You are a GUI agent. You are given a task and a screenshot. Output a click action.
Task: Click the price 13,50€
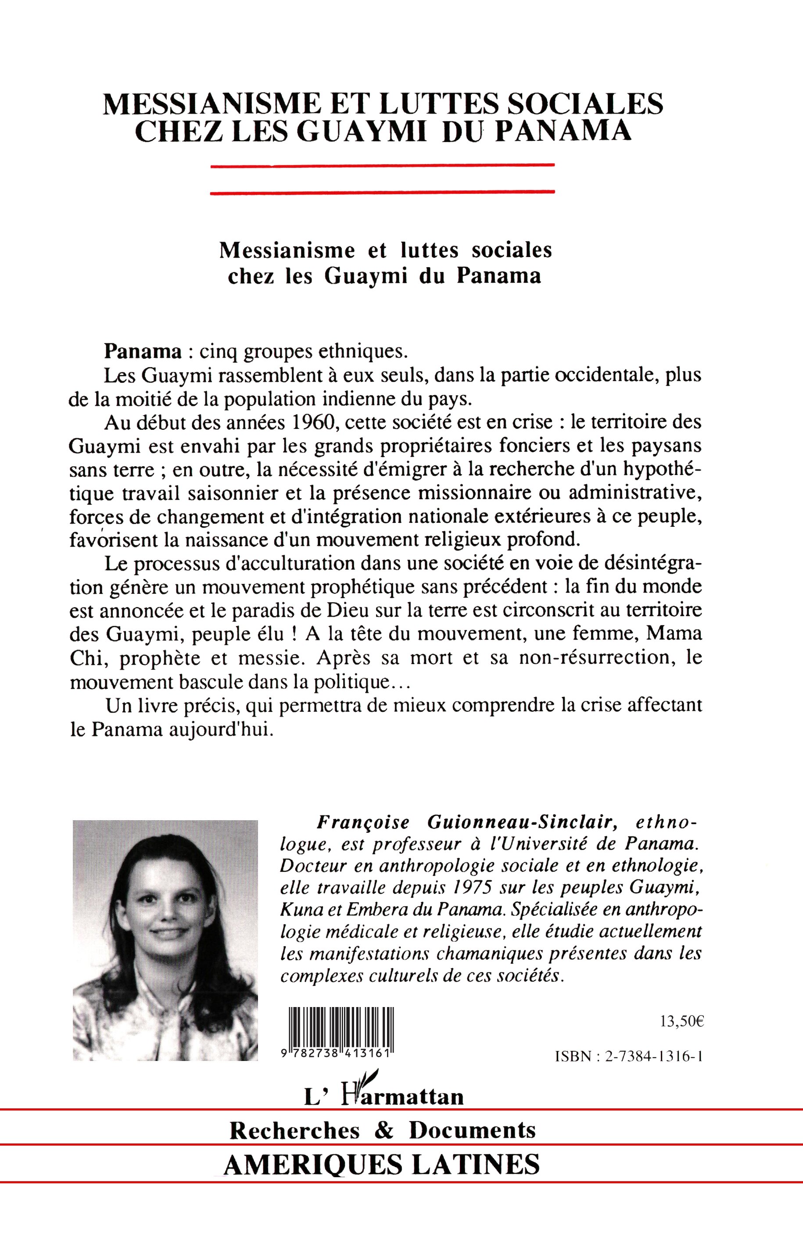(x=682, y=1021)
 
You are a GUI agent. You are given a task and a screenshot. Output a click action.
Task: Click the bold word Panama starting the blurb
(x=142, y=352)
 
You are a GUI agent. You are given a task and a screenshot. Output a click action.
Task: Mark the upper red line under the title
(x=382, y=165)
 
